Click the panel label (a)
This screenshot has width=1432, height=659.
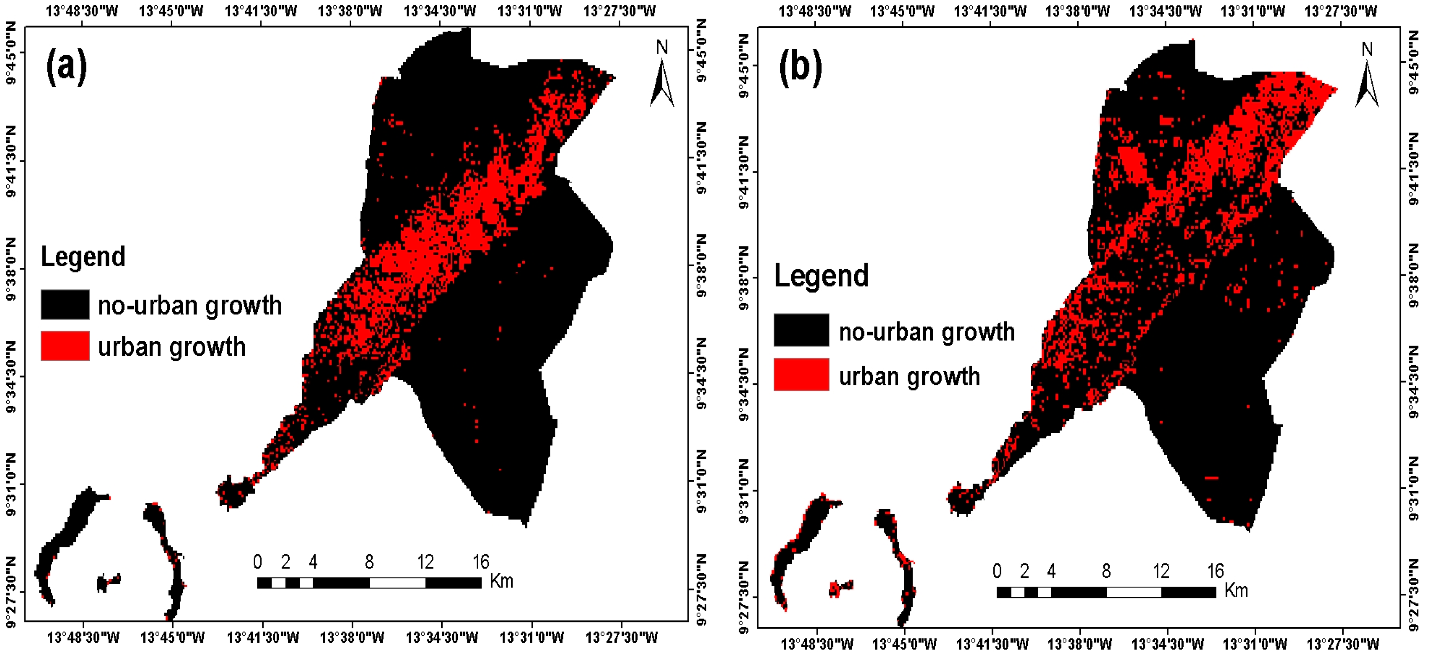pos(66,67)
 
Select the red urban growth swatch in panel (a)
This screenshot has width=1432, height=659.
pos(65,346)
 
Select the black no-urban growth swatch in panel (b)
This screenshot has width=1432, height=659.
pos(801,330)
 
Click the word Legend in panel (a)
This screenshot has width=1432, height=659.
pos(83,257)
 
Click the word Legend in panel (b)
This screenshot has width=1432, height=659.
pos(821,276)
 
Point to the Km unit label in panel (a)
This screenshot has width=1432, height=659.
pos(501,581)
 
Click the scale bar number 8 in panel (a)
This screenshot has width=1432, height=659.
pos(369,562)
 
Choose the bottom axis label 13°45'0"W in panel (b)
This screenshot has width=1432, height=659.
pos(904,644)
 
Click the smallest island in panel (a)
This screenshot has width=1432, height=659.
pos(109,583)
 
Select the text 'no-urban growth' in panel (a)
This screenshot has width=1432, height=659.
pos(190,306)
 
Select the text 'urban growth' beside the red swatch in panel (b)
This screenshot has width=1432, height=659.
pos(909,376)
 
